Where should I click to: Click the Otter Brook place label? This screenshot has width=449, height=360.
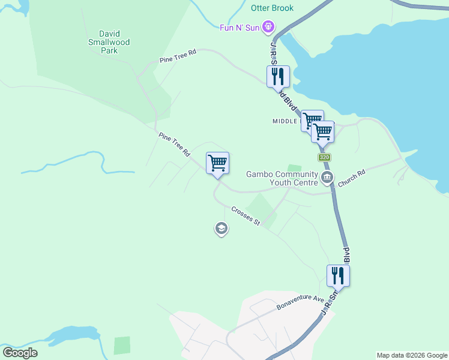coord(272,8)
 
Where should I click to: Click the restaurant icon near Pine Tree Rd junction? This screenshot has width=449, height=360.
coord(278,77)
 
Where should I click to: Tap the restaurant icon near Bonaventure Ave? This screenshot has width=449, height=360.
coord(338,276)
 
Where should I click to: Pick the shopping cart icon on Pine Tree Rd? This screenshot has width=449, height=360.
coord(217,163)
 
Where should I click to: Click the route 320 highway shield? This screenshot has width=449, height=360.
coord(324,157)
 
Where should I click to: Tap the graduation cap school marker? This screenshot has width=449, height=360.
coord(221,228)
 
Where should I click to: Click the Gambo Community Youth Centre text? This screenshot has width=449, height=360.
coord(282,179)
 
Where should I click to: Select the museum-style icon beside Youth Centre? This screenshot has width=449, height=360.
coord(327,176)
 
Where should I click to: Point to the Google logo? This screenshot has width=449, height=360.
coord(20,353)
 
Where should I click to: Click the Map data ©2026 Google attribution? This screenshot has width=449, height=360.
coord(412,355)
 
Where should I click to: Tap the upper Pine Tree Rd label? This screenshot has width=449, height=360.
coord(178,57)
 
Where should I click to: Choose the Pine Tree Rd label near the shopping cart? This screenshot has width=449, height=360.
coord(174,146)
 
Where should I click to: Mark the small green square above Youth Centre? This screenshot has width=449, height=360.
coord(294,168)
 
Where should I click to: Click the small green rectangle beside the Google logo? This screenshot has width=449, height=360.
coord(122,345)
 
